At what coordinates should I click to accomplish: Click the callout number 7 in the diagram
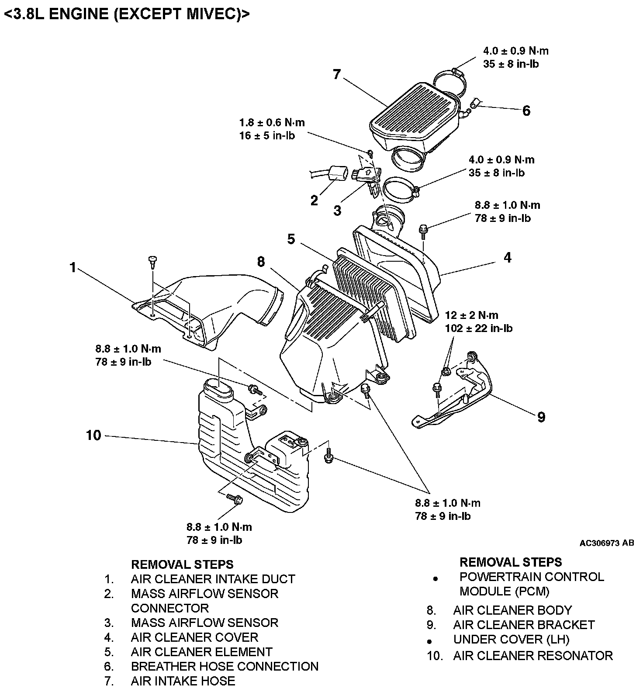[336, 75]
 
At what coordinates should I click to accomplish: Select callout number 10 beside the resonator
[93, 435]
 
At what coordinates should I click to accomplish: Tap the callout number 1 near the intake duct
[73, 267]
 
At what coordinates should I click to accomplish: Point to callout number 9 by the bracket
[541, 417]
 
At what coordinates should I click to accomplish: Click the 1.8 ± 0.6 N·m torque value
[272, 123]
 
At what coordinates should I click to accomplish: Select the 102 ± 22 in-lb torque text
[478, 329]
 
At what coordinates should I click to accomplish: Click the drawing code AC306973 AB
[606, 543]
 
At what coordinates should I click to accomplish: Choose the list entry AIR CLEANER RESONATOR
[533, 656]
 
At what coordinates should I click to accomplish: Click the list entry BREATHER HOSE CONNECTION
[225, 666]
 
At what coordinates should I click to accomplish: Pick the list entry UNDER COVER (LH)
[511, 640]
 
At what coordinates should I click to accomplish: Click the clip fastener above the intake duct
[152, 261]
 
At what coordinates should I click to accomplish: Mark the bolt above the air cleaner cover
[423, 229]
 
